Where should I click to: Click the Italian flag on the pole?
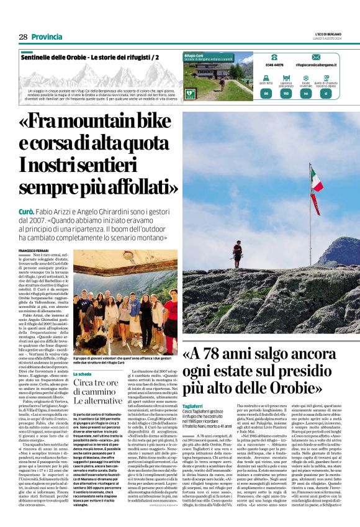pyautogui.click(x=317, y=187)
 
